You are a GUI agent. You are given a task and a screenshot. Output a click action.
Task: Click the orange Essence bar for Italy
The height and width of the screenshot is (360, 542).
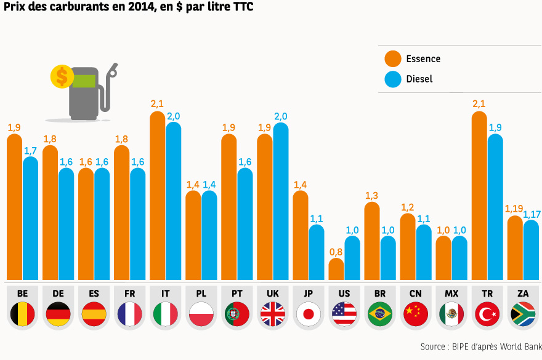(158, 197)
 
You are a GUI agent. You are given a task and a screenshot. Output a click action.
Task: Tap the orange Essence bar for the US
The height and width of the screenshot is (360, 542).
(336, 270)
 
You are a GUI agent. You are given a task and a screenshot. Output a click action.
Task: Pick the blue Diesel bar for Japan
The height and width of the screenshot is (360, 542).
(317, 252)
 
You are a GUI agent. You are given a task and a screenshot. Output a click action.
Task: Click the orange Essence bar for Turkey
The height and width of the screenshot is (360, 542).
(479, 197)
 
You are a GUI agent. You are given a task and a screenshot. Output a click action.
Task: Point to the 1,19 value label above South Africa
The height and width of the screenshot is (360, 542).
(514, 209)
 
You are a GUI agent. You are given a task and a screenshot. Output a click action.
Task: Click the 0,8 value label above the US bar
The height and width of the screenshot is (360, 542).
(336, 251)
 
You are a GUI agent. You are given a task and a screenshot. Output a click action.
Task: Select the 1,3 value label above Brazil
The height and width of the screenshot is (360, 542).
(371, 196)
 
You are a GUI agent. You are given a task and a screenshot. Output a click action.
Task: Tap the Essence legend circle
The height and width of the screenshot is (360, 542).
(393, 59)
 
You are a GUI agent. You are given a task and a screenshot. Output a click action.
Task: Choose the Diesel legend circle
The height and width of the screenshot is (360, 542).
(393, 79)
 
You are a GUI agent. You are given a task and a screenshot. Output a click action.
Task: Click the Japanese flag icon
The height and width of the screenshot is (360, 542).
(309, 314)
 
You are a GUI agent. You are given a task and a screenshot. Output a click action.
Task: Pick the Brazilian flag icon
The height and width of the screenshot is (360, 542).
(380, 314)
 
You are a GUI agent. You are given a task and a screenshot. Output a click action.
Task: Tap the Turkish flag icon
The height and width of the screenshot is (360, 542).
(487, 314)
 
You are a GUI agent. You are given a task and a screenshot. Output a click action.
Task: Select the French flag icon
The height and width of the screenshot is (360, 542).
(130, 314)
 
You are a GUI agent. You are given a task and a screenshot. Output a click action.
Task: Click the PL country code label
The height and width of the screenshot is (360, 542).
(201, 294)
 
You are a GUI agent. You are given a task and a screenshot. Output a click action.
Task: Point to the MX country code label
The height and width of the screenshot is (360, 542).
(451, 294)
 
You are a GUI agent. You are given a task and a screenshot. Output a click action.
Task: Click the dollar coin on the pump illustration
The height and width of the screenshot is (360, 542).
(62, 76)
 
